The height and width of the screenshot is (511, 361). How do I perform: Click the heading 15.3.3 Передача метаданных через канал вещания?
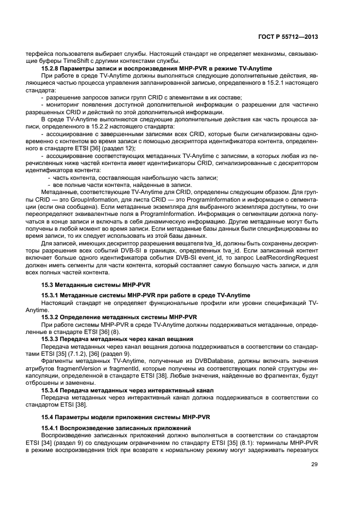(117, 338)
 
